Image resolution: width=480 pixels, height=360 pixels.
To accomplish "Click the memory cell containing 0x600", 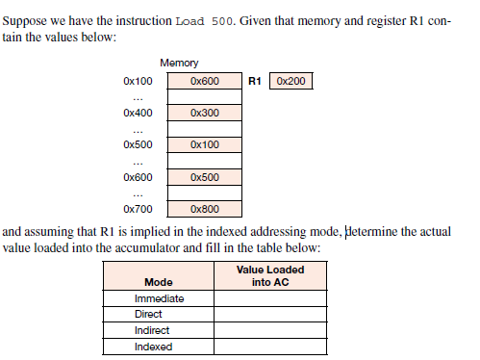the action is [205, 82].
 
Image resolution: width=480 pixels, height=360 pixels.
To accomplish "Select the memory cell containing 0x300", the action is [205, 114].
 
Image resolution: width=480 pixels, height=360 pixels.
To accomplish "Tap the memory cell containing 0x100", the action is [205, 145].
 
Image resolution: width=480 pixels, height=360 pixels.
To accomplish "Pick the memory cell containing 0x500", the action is [205, 177].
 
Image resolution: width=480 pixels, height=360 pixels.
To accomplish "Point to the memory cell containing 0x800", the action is [205, 208].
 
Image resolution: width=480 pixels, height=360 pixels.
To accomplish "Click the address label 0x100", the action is [138, 82].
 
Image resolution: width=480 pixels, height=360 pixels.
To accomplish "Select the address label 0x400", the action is [138, 114].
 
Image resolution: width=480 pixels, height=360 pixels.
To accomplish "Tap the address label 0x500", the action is [138, 145].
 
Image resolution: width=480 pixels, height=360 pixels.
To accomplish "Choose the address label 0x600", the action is [138, 177].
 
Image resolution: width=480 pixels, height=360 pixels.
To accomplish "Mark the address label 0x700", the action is [138, 208].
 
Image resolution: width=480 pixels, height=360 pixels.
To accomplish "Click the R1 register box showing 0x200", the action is [291, 82].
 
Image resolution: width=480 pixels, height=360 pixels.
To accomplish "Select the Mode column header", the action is [158, 282].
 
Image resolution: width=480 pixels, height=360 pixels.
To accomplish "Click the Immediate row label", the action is [159, 298].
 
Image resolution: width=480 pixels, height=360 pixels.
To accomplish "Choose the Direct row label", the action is [148, 315].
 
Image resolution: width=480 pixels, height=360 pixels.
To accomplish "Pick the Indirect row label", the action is [151, 331].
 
